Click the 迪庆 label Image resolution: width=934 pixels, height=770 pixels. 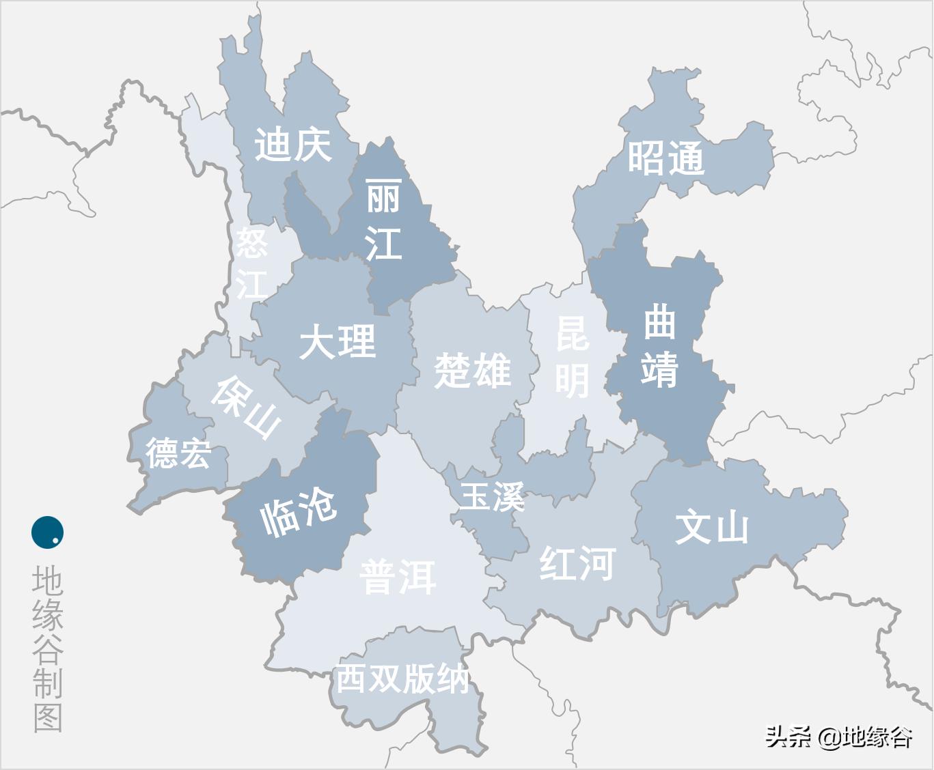click(293, 145)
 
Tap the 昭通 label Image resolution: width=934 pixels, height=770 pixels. click(665, 159)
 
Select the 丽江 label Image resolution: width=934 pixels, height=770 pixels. click(383, 220)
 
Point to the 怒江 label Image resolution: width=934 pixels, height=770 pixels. click(251, 263)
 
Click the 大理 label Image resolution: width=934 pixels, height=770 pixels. click(338, 341)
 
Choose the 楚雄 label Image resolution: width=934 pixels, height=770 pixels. click(472, 371)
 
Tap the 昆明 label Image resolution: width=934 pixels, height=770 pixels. click(572, 356)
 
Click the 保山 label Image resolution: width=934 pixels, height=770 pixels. click(246, 407)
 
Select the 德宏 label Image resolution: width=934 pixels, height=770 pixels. click(178, 453)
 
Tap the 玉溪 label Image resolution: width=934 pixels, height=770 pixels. click(491, 496)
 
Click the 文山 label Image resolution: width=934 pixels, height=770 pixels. click(712, 528)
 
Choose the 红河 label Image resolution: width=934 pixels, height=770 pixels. click(577, 563)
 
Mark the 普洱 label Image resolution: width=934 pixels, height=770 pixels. click(398, 577)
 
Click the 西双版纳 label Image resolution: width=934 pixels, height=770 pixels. click(402, 679)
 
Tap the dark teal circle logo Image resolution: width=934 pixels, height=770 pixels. click(48, 532)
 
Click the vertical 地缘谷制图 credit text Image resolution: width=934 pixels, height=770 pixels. click(48, 648)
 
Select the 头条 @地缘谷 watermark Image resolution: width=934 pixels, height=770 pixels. click(838, 737)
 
